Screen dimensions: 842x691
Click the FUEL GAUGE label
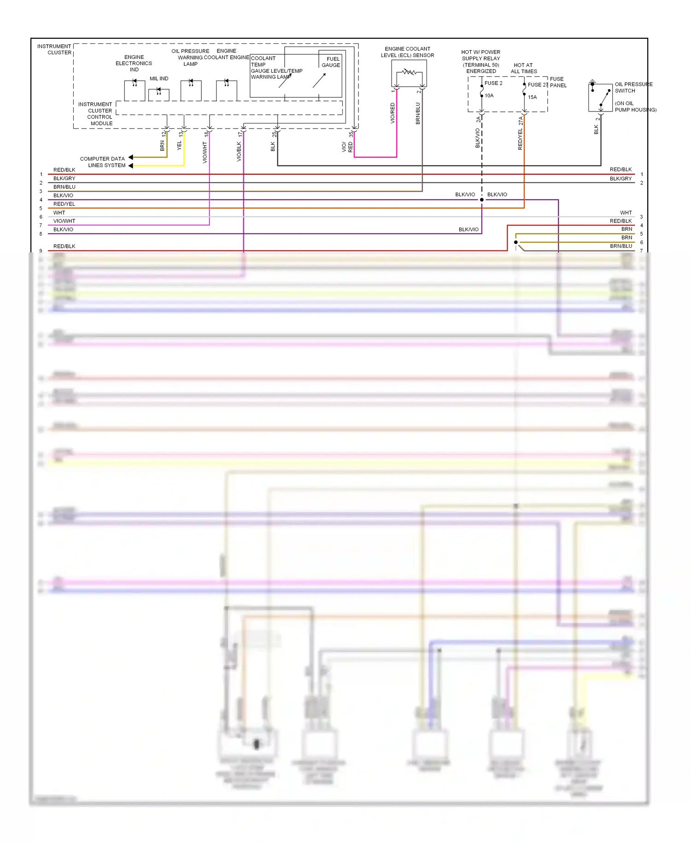click(x=331, y=62)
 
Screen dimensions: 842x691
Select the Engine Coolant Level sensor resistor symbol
click(x=409, y=72)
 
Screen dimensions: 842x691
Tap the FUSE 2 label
click(x=493, y=83)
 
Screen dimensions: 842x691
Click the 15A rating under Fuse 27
click(x=532, y=97)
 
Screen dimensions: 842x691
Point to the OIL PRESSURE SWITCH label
click(x=633, y=88)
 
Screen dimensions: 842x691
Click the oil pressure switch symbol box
click(x=600, y=97)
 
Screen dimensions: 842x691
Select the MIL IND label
click(x=159, y=79)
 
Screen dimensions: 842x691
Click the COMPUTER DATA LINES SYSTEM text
click(x=103, y=162)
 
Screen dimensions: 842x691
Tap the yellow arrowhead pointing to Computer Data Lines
click(x=131, y=166)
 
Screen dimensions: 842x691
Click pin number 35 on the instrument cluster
click(x=351, y=134)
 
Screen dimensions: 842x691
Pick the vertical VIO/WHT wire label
click(x=205, y=152)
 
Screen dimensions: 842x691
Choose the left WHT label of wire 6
click(x=59, y=213)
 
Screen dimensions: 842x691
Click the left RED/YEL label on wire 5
click(x=64, y=204)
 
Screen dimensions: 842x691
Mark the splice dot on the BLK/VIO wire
click(x=482, y=200)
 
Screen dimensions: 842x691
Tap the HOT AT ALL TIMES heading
click(x=524, y=68)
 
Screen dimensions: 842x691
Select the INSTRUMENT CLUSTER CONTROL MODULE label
click(x=95, y=114)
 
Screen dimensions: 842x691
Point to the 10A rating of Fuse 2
click(x=489, y=96)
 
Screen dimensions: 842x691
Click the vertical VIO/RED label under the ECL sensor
click(x=392, y=113)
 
